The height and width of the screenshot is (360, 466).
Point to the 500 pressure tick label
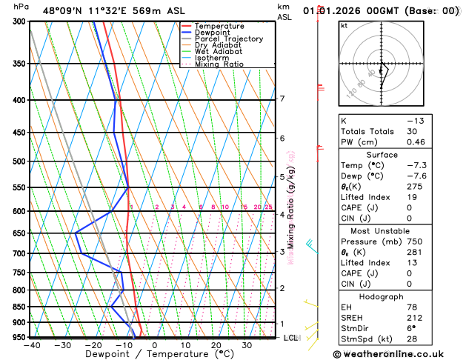point(19,161)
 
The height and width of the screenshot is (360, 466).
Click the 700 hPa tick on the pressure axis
point(19,253)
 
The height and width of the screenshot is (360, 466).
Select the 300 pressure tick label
point(19,21)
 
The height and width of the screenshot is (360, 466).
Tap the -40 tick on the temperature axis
point(31,345)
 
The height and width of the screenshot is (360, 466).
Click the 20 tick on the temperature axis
point(216,345)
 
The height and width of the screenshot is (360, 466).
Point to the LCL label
point(291,338)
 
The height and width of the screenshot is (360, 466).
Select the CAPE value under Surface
point(430,207)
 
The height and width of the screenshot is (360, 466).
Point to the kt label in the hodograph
point(344,26)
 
